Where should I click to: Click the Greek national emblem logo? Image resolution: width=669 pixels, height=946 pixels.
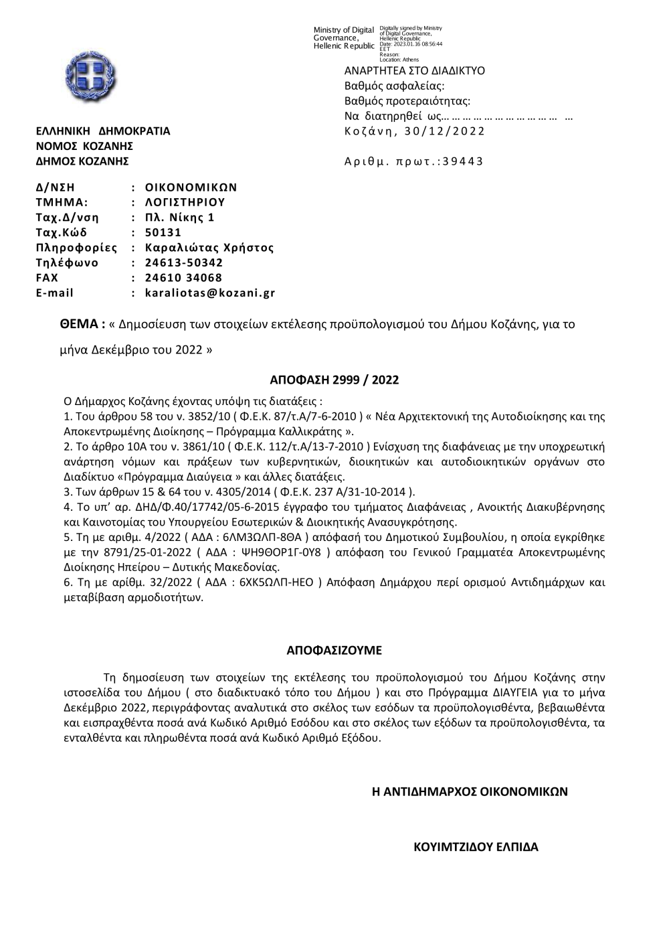point(94,75)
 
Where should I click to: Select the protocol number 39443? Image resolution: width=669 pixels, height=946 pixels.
point(463,161)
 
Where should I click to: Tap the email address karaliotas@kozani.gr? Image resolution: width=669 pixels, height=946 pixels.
point(210,293)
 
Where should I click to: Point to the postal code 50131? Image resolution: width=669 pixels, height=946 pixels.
point(163,233)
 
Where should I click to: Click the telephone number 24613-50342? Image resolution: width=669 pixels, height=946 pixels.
point(184,263)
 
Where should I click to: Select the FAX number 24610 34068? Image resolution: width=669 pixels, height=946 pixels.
point(183,278)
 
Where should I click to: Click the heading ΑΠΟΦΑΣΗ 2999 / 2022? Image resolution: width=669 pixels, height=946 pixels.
point(334,380)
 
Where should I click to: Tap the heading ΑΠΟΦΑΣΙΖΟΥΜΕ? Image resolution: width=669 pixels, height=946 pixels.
point(334,650)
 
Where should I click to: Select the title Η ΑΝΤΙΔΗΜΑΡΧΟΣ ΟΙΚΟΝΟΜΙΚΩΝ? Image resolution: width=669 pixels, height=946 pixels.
point(470,791)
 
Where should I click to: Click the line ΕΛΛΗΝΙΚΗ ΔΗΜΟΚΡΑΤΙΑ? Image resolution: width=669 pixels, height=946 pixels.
point(103,131)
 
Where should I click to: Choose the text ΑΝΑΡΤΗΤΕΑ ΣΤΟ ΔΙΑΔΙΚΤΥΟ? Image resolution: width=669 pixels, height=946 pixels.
point(415,71)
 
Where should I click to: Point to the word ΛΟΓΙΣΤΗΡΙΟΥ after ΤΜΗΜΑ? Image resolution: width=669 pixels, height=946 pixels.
point(185,202)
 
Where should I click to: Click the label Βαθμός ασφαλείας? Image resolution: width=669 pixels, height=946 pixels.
point(394,86)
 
